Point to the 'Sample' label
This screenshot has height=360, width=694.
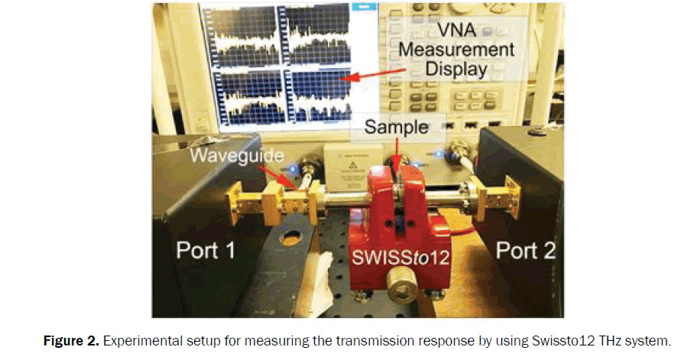(396, 126)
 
